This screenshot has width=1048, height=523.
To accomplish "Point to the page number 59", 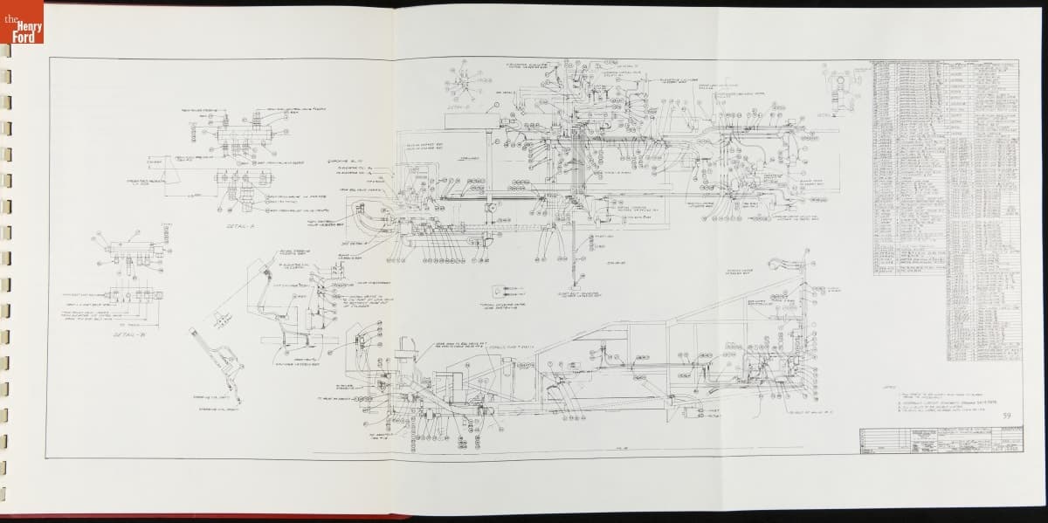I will (1007, 416).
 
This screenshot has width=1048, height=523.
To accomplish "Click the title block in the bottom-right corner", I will (938, 440).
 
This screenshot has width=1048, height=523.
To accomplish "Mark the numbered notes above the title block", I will (943, 402).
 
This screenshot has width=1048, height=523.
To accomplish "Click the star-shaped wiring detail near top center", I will (462, 84).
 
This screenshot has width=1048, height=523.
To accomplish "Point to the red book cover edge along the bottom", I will (262, 518).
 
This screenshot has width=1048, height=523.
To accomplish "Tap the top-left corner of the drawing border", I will (49, 58).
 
